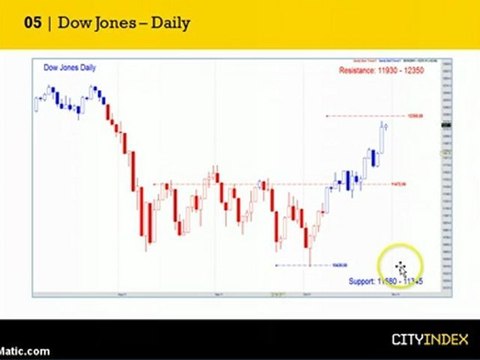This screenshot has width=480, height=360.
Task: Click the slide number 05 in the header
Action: click(x=32, y=23)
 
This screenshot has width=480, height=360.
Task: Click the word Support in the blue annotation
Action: click(x=362, y=283)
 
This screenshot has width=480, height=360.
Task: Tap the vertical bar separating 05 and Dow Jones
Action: click(x=48, y=23)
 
